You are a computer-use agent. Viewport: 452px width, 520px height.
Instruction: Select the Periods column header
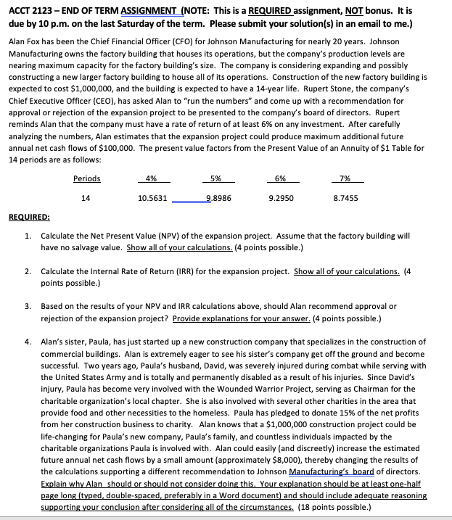pos(87,179)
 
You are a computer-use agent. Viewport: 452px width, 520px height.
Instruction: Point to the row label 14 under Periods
pos(87,197)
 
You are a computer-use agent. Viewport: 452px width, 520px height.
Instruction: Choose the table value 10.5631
pos(152,197)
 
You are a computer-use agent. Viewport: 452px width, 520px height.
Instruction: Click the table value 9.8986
pos(218,197)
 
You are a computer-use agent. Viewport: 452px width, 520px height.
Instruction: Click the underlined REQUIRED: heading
pos(29,216)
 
